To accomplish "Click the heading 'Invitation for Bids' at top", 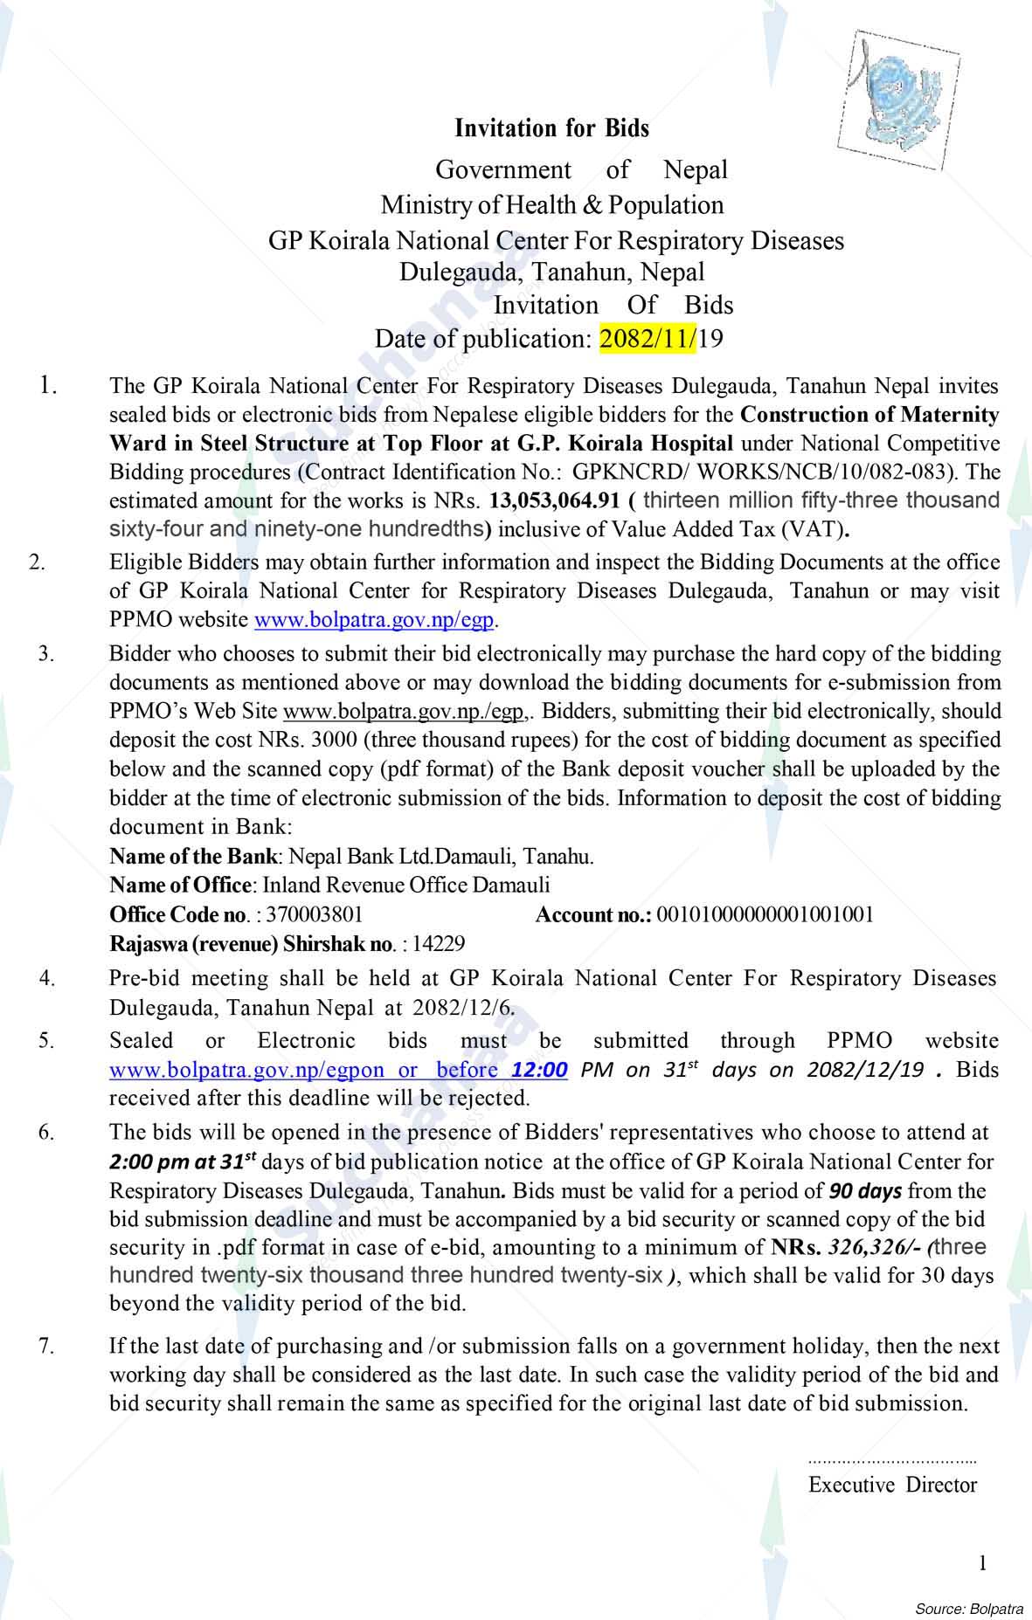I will pos(551,128).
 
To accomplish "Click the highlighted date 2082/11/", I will pos(648,338).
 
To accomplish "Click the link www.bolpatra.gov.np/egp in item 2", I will pos(374,621).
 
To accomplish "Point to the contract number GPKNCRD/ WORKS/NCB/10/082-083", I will pos(758,472).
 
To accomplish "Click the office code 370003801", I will pos(315,914).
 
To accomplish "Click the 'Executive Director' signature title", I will pos(892,1484).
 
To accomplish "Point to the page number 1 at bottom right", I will pos(983,1562).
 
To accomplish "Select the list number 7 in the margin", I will pos(46,1346).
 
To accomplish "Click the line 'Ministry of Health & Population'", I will pos(551,205).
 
